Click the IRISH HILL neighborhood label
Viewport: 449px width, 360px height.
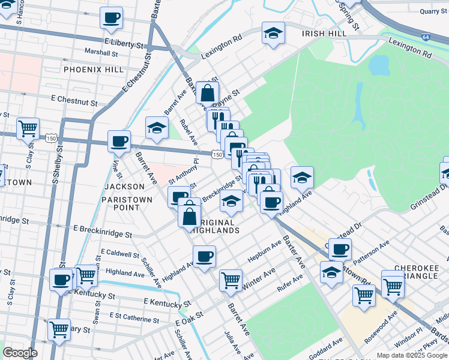tap(325, 34)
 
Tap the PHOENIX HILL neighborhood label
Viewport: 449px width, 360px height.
tap(92, 70)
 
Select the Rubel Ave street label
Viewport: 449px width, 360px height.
tap(188, 132)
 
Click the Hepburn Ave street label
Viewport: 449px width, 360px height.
tap(264, 253)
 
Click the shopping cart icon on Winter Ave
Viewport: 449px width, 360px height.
tap(231, 279)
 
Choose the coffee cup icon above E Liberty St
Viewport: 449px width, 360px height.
tap(111, 18)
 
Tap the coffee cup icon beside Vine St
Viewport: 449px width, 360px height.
tap(119, 142)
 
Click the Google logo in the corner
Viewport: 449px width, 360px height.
tap(20, 353)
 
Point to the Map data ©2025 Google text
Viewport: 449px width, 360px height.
tap(412, 355)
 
